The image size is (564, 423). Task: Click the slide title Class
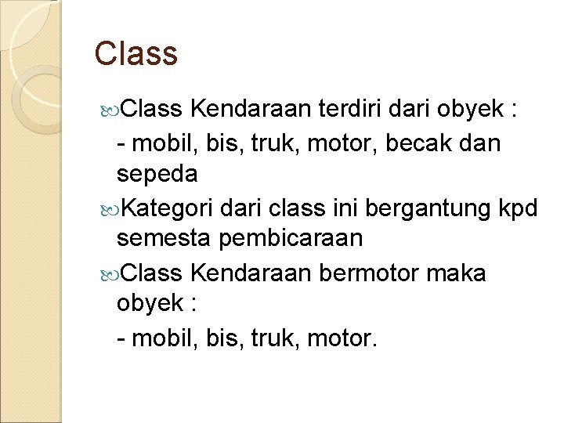(x=136, y=53)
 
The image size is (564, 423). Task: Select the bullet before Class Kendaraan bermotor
(x=108, y=273)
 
